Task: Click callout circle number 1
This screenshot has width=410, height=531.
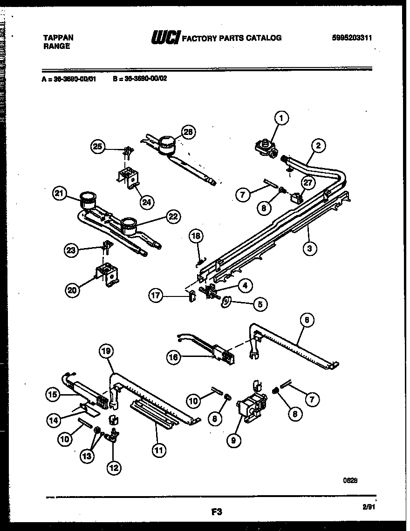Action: point(281,119)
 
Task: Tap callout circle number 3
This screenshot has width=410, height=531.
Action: point(309,248)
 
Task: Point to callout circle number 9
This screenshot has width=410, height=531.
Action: point(232,439)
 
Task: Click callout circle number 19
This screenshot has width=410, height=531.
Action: point(106,352)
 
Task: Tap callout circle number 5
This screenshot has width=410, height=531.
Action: point(260,304)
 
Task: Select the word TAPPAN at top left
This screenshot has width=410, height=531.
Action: point(58,38)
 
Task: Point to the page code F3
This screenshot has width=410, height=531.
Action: point(215,512)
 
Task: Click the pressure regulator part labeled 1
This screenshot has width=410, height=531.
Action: point(266,148)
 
